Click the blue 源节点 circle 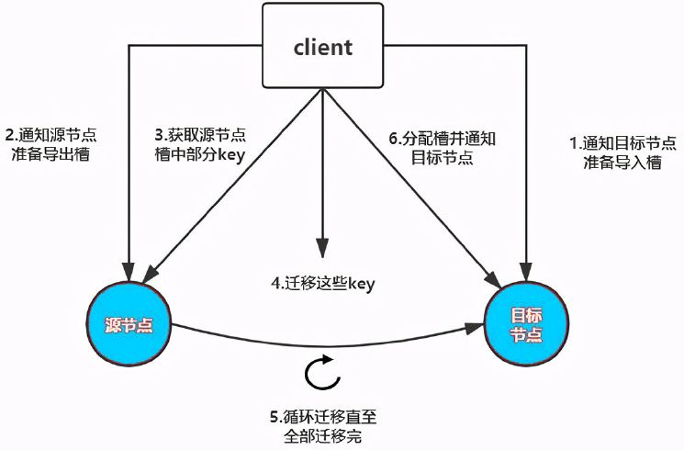[x=130, y=325]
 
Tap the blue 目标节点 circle [x=526, y=325]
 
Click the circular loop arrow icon [x=319, y=376]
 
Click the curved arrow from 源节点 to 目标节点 [x=321, y=343]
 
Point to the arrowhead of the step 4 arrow [x=321, y=247]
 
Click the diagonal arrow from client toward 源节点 [x=230, y=184]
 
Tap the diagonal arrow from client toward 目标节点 [x=413, y=184]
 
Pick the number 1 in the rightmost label [x=574, y=143]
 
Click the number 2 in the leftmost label [x=10, y=134]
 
